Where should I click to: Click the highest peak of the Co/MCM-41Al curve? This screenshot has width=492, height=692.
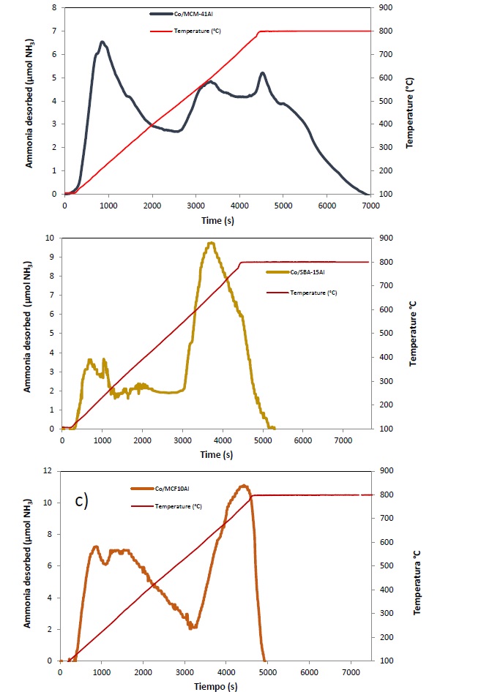coord(102,42)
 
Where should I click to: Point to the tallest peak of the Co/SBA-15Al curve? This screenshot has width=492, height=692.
coord(211,243)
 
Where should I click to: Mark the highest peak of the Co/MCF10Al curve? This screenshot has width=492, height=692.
coord(244,485)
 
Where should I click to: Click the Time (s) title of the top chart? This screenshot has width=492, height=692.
coord(217,218)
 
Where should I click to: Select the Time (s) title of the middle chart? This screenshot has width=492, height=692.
coord(217,454)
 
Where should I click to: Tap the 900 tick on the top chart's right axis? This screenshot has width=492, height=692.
coord(385,8)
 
